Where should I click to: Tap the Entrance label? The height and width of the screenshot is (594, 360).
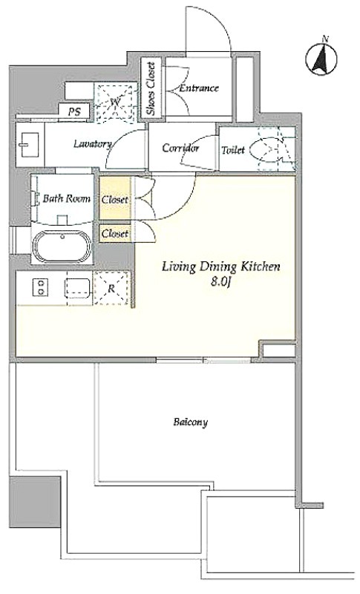point(199,88)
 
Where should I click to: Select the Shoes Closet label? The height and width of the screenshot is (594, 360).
point(151,88)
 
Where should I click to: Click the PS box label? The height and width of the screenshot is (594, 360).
point(75,112)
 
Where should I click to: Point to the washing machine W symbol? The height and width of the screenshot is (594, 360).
point(116,102)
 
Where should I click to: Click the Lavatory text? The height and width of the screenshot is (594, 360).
point(92,144)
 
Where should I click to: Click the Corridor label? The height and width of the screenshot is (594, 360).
point(180,148)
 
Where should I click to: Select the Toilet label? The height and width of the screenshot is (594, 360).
point(233,150)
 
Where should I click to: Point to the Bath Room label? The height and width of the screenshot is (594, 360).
point(66,198)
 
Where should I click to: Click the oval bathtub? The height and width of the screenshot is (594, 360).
point(62,247)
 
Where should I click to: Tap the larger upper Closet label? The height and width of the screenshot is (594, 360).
point(115,200)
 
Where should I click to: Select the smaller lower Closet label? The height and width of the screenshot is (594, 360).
point(115,234)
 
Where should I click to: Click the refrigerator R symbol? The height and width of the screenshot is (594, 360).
point(111,288)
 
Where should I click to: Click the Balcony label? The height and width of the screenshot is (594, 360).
point(191,422)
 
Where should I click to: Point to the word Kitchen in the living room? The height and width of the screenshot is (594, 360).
point(259,267)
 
